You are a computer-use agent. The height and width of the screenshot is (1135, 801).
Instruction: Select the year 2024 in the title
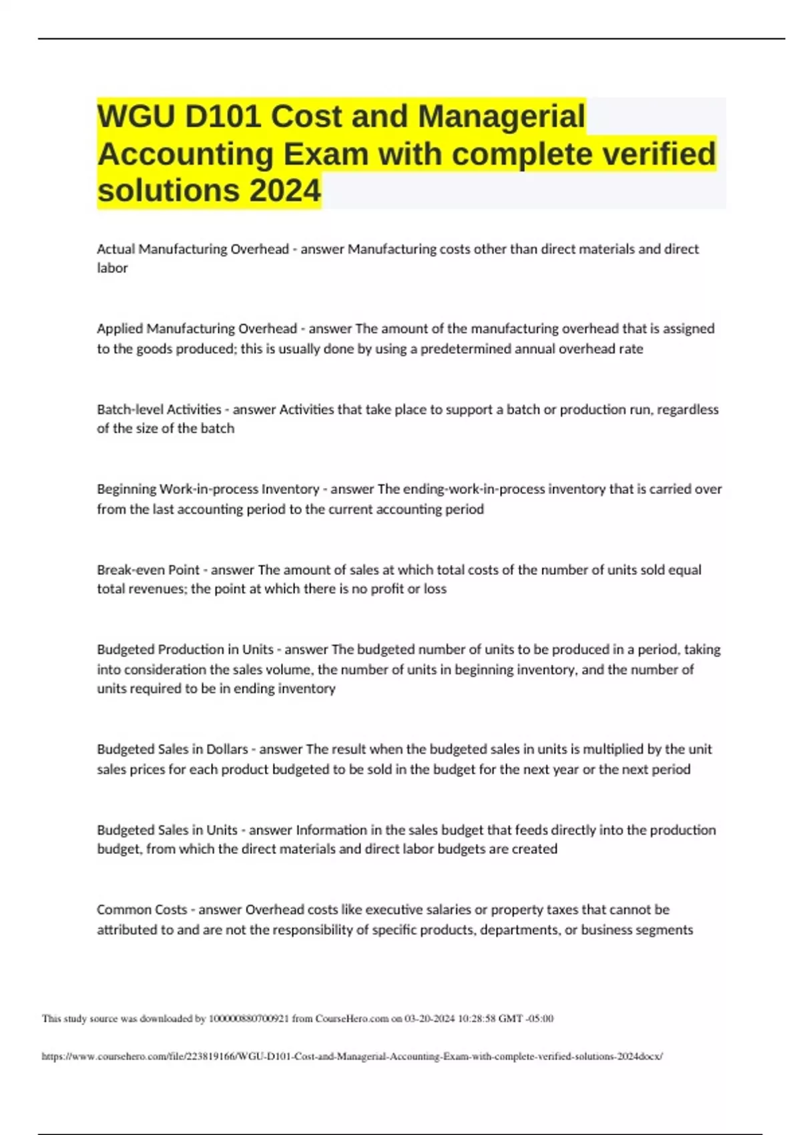click(x=285, y=191)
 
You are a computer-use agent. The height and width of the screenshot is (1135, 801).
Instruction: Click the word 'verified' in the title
click(x=659, y=154)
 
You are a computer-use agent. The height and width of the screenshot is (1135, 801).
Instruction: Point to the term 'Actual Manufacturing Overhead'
click(x=192, y=249)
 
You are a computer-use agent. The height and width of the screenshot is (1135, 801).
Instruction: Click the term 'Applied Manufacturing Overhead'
click(x=196, y=328)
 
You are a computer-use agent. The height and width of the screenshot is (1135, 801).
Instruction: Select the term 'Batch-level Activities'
click(x=159, y=409)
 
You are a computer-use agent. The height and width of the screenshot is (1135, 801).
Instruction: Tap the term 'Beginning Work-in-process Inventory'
click(x=208, y=489)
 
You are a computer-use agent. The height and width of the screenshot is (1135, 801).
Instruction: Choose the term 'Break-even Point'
click(x=148, y=570)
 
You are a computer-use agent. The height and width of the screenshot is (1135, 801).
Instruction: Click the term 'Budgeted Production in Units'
click(x=185, y=650)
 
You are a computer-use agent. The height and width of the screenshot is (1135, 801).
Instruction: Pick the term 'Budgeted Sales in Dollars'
click(x=172, y=750)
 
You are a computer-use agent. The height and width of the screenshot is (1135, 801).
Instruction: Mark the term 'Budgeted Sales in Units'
click(x=167, y=830)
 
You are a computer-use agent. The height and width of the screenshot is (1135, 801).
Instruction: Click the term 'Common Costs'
click(x=142, y=910)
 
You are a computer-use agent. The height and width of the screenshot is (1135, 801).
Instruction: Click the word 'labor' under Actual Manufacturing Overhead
click(x=112, y=268)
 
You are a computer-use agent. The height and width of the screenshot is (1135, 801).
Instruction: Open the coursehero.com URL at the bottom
click(x=352, y=1057)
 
